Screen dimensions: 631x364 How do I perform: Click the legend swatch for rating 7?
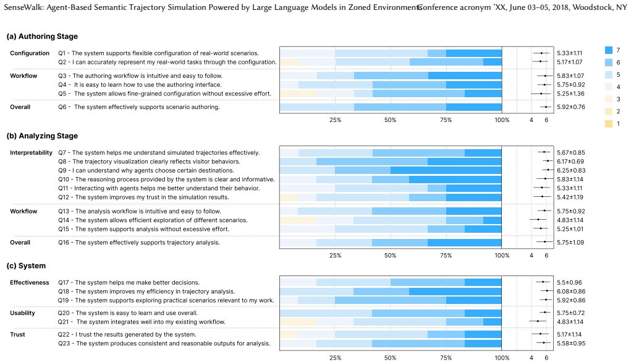click(609, 50)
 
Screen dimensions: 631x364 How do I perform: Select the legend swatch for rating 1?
click(609, 124)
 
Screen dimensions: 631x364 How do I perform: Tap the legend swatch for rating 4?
click(609, 87)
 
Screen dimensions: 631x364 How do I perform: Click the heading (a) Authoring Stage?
click(42, 37)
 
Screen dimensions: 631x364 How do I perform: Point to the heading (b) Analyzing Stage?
click(42, 136)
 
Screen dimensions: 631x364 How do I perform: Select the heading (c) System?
click(26, 266)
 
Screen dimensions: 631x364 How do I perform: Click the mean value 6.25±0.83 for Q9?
click(571, 170)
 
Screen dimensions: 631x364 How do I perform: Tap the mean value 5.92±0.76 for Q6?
click(571, 107)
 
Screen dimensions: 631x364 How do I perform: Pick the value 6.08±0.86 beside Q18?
click(571, 292)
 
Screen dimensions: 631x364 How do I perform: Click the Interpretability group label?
click(31, 153)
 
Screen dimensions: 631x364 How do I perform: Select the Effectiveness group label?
click(30, 282)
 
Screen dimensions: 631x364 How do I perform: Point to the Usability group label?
click(22, 313)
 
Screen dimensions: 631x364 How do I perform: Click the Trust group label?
click(18, 334)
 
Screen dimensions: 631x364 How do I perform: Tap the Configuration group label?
click(30, 53)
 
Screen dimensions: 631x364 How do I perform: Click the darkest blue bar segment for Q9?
click(446, 170)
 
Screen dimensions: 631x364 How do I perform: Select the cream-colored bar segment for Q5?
click(299, 93)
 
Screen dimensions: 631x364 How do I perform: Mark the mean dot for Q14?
click(538, 220)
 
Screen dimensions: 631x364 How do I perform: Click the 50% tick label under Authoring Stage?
click(391, 120)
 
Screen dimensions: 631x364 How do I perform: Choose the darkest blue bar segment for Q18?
click(455, 292)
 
